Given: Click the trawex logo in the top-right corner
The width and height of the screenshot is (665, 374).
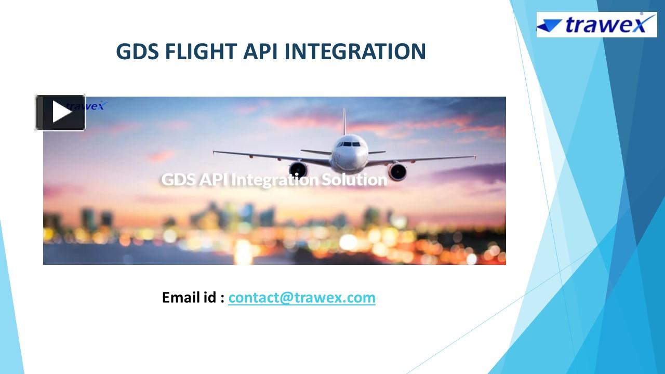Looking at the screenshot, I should [596, 24].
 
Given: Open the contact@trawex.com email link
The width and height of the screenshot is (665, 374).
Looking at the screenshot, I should [301, 298].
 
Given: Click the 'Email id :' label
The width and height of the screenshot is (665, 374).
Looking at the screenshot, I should [193, 298].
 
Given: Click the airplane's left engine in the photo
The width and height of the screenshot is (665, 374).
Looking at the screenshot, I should [298, 169].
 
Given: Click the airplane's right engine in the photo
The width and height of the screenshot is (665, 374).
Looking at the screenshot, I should [397, 171].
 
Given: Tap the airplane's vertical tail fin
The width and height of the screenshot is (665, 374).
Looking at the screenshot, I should [344, 121].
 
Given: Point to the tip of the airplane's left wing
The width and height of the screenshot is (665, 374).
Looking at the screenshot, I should [215, 152].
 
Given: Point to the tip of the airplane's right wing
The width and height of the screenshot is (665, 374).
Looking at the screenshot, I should [474, 156].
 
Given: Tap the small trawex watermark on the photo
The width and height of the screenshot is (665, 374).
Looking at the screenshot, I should [94, 105].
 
